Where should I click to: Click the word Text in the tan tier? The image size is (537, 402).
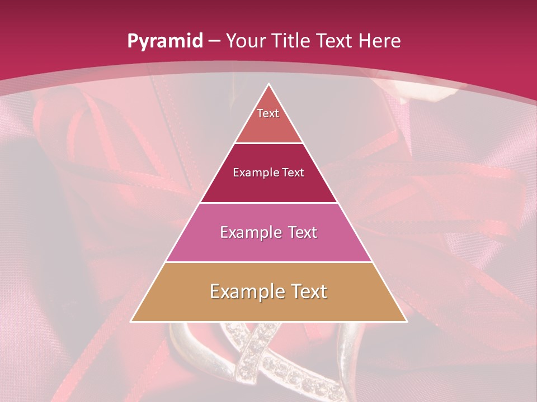pyautogui.click(x=307, y=291)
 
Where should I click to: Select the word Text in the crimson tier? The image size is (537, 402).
pyautogui.click(x=294, y=173)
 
